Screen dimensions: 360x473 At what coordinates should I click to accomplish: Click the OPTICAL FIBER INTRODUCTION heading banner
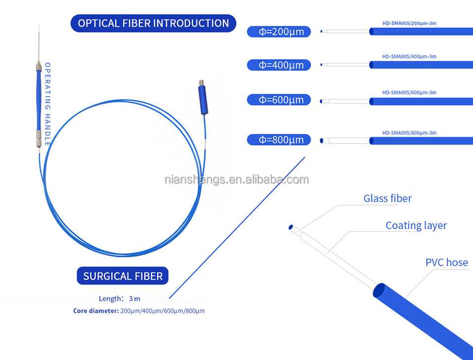point(153,23)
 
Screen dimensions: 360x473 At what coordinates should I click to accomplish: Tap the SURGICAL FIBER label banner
point(123,276)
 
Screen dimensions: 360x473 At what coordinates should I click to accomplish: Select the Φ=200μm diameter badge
point(279,32)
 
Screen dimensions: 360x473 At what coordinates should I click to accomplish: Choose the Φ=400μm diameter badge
point(279,65)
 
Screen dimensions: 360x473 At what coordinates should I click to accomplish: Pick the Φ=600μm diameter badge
point(279,100)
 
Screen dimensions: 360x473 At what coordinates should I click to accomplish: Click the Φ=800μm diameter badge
point(279,140)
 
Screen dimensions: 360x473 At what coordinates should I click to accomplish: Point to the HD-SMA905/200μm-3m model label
point(409,23)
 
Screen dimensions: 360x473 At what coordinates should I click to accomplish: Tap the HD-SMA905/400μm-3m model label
point(409,57)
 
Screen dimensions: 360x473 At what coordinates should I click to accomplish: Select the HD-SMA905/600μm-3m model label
point(409,92)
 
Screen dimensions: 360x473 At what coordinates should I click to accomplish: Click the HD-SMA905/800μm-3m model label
point(409,133)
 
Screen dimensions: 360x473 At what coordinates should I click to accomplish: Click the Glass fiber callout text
point(387,199)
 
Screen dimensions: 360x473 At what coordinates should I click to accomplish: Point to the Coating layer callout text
point(416,225)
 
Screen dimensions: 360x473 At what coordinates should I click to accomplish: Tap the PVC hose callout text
point(446,262)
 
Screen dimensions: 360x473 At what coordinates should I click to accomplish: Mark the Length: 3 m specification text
point(120,298)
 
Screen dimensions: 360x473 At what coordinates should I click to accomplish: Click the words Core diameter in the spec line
point(96,311)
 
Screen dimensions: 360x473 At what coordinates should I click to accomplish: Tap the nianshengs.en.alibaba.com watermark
point(236,180)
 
